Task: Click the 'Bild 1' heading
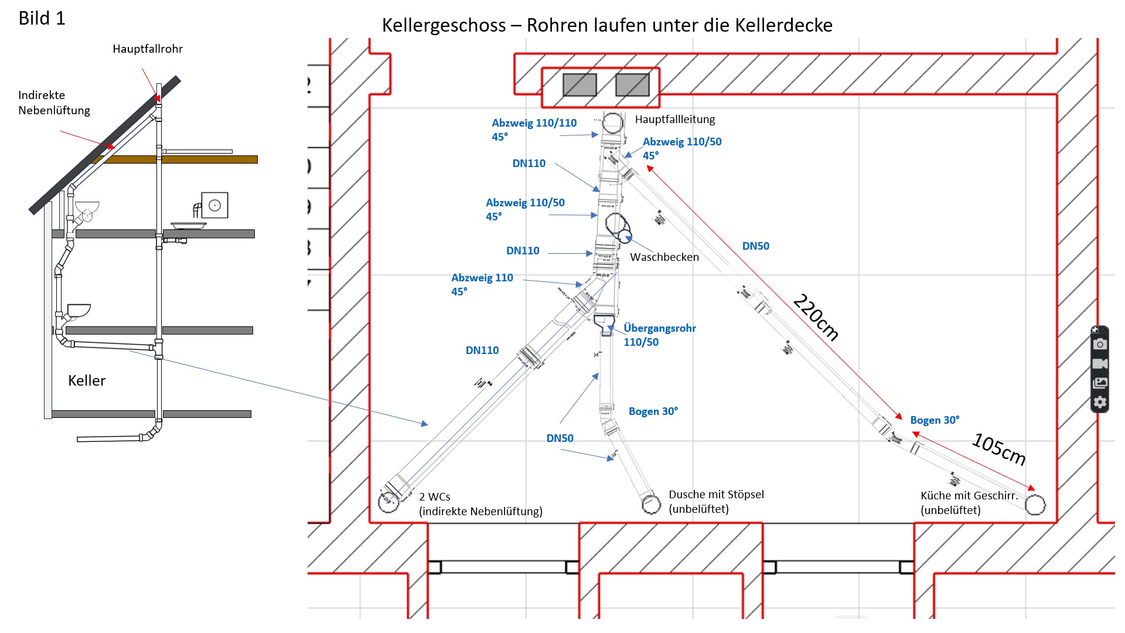tap(42, 19)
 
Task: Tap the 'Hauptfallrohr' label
tap(148, 49)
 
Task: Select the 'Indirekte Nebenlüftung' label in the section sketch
tap(54, 103)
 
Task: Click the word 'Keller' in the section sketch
tap(87, 381)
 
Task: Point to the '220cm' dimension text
tap(816, 317)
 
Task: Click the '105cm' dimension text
tap(999, 449)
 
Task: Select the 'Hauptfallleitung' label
tap(675, 120)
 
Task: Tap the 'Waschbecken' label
tap(664, 257)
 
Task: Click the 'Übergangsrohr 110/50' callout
tap(660, 335)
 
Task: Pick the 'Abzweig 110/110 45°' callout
tap(534, 130)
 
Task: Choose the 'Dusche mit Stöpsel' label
tap(716, 495)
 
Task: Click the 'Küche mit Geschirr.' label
tap(969, 496)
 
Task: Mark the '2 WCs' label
tap(435, 497)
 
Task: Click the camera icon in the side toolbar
tap(1100, 344)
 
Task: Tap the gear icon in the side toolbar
tap(1100, 402)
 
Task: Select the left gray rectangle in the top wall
tap(579, 85)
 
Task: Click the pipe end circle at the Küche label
tap(1035, 505)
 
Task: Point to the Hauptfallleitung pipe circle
tap(612, 124)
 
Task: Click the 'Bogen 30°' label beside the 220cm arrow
tap(935, 420)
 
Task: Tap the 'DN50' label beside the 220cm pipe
tap(755, 246)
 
